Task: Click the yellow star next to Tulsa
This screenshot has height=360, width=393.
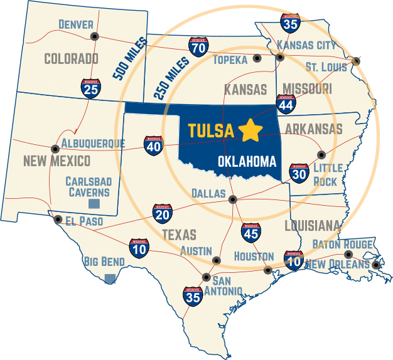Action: tap(250, 130)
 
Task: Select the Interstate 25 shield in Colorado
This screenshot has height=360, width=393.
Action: tap(90, 89)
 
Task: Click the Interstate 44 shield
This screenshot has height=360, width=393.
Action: tap(286, 105)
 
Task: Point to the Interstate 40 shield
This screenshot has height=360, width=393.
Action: tap(153, 146)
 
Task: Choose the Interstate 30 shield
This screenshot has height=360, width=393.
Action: tap(299, 173)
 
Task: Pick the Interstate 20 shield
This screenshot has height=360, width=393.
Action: tap(162, 214)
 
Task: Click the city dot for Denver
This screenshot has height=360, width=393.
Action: tap(94, 36)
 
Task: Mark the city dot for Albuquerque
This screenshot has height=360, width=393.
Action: tap(55, 149)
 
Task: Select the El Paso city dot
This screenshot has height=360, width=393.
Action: tap(58, 220)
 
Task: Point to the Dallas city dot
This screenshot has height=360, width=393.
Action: tap(232, 200)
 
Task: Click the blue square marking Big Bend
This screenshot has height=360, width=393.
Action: tap(110, 278)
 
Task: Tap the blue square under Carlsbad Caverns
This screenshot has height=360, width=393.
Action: tap(94, 204)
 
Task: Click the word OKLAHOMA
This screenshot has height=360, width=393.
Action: tap(247, 162)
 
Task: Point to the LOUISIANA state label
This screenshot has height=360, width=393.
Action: tap(313, 226)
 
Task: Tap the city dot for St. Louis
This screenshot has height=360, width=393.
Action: tap(356, 61)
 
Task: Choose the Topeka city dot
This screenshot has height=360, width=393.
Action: tap(257, 58)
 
